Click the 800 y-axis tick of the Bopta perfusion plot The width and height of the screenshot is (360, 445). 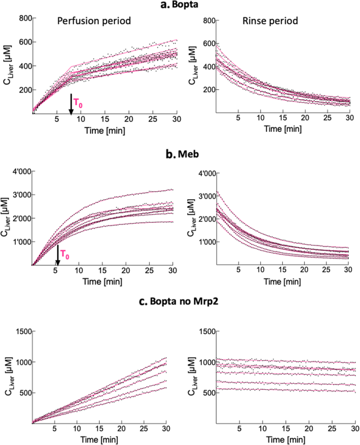pos(20,18)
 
